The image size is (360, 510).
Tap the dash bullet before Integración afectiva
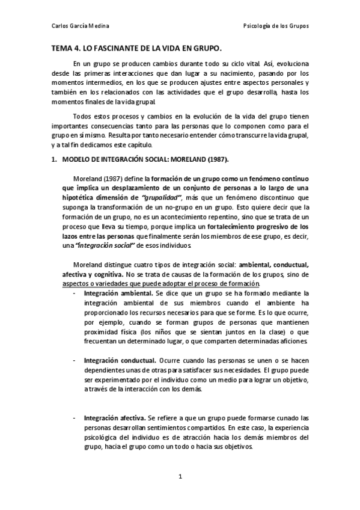click(x=74, y=417)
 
